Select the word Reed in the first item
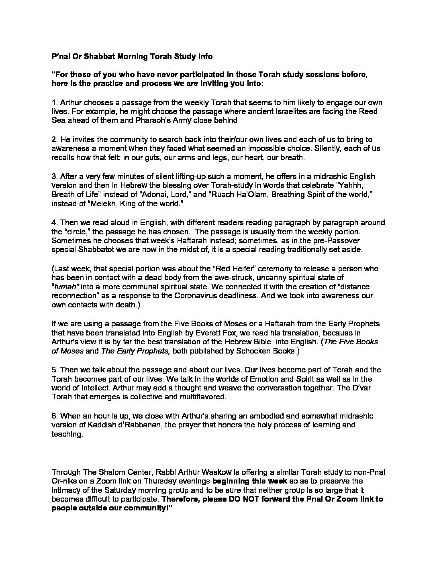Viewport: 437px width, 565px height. pyautogui.click(x=369, y=111)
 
